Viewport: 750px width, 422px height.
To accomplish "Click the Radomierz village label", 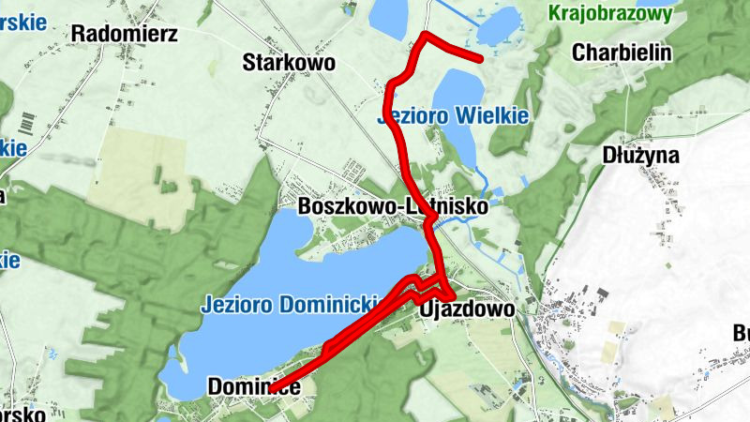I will pos(118,34).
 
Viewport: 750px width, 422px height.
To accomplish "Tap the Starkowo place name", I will pos(289,63).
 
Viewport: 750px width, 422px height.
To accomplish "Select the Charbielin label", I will pos(622,52).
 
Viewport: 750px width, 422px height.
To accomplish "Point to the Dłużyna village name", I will pos(641,155).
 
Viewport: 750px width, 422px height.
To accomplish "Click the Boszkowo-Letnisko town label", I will pos(391,206).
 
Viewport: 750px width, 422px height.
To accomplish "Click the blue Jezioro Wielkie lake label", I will pos(453,116).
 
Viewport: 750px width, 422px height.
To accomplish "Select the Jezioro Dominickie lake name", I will pos(289,304).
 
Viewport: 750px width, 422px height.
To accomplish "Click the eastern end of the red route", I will pos(480,58).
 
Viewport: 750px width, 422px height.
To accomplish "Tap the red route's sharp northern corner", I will pos(426,36).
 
